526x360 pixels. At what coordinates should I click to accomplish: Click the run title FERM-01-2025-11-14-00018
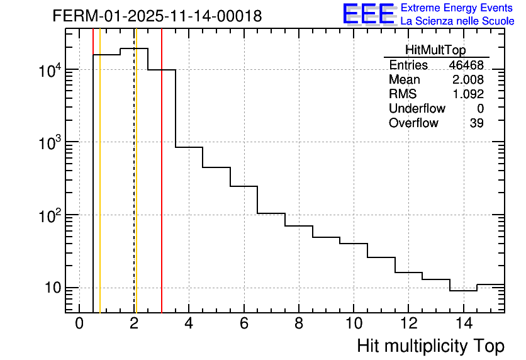click(x=157, y=16)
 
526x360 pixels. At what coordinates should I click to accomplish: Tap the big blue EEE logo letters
click(x=369, y=14)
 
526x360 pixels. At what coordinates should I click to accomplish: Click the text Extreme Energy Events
click(x=457, y=8)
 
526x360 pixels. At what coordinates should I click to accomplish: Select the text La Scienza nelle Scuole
click(x=457, y=21)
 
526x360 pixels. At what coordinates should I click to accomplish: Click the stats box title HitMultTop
click(x=436, y=52)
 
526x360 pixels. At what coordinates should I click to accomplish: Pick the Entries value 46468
click(x=466, y=65)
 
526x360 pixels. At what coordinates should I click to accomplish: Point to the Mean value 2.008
click(x=468, y=80)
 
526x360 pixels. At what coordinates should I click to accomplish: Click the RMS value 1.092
click(x=468, y=94)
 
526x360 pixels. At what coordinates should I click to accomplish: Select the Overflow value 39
click(x=476, y=123)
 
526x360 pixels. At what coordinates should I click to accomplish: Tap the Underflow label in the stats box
click(x=417, y=109)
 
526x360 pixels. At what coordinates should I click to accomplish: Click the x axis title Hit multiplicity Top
click(x=430, y=346)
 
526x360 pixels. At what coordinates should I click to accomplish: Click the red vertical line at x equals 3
click(x=162, y=189)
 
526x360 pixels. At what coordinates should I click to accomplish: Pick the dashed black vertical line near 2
click(x=134, y=189)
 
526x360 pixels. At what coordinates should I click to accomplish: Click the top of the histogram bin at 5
click(x=216, y=167)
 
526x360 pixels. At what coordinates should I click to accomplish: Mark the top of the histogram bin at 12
click(x=408, y=273)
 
